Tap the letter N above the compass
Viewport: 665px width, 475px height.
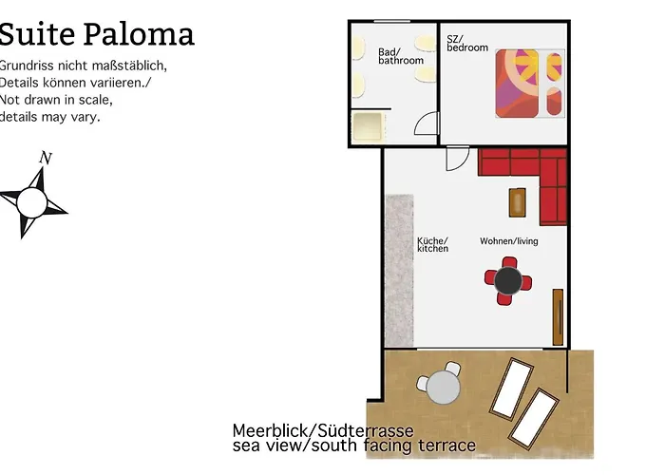tap(45, 158)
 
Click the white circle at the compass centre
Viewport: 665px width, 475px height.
tap(31, 201)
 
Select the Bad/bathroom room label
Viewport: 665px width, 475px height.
tap(400, 56)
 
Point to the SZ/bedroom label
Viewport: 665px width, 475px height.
tap(466, 43)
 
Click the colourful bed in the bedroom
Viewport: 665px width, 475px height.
tap(528, 84)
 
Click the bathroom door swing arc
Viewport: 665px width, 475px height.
tap(426, 123)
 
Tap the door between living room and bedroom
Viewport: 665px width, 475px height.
tap(458, 156)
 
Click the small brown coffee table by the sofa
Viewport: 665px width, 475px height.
tap(518, 201)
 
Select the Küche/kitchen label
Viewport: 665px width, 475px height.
tap(432, 244)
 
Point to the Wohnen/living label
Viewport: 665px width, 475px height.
tap(508, 241)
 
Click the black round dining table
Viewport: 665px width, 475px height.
tap(508, 280)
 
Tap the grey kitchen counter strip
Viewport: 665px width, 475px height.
tap(400, 271)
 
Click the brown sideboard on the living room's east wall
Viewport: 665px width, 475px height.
tap(558, 317)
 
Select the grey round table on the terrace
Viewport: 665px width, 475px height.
tap(443, 387)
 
